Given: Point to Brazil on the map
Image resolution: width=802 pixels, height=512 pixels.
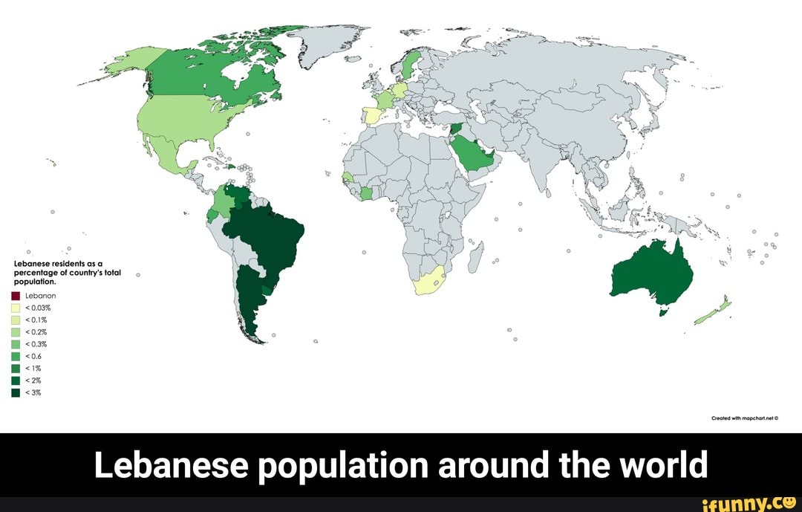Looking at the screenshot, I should (x=267, y=238).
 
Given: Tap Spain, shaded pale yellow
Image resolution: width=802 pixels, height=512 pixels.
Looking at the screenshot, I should (x=371, y=117).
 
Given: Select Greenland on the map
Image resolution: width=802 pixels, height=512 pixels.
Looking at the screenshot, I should (x=327, y=45).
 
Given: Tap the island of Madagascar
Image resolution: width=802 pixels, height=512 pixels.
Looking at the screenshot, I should (x=476, y=256).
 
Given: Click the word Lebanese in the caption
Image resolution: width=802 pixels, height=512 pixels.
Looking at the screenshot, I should (x=169, y=466).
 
